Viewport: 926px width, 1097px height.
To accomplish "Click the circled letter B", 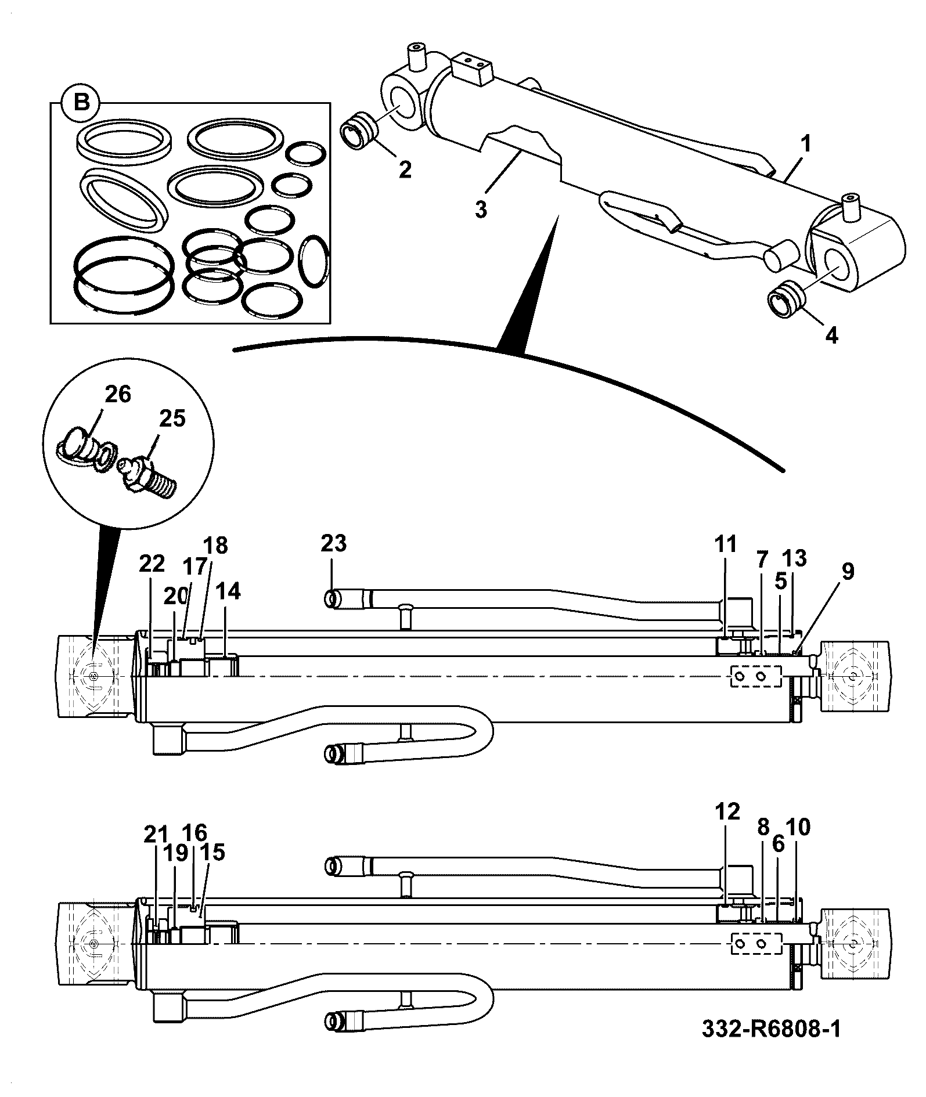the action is [82, 103].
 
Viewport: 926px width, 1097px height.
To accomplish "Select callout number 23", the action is [333, 544].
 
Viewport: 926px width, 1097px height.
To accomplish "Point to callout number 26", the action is [118, 394].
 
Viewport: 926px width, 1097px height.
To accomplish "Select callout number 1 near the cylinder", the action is [807, 143].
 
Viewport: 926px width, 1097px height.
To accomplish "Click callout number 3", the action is [480, 209].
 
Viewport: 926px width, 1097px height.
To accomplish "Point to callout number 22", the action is [152, 564].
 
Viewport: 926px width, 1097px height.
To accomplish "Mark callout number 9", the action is [848, 572].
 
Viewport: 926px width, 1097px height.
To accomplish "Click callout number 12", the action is [727, 811].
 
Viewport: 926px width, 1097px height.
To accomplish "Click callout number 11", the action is [726, 544].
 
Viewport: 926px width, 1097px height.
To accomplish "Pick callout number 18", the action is [215, 546].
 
